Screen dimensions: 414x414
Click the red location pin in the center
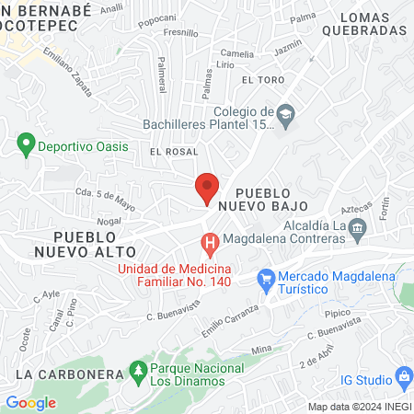(x=207, y=188)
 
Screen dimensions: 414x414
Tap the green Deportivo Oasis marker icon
(x=25, y=145)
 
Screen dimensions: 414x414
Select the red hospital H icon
(x=210, y=244)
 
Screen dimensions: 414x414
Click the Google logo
(x=30, y=402)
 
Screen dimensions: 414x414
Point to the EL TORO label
(x=259, y=80)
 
